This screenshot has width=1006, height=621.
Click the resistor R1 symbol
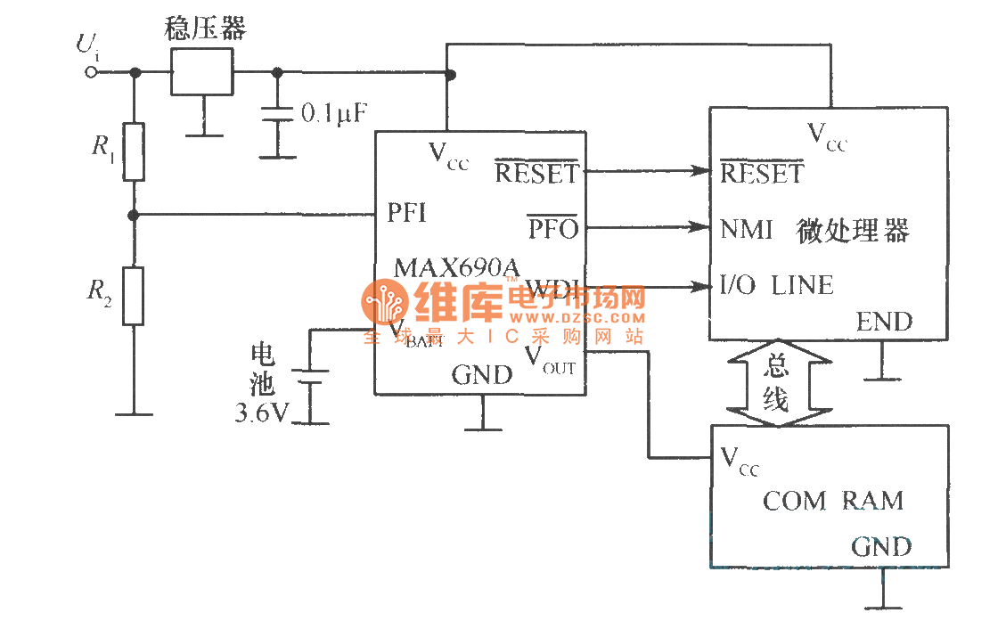tap(133, 152)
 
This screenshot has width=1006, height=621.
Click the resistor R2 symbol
tap(133, 297)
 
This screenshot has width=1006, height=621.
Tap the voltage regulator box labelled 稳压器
tap(201, 72)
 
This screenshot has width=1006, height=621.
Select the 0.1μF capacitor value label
tap(334, 113)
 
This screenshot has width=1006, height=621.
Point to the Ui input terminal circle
tap(90, 72)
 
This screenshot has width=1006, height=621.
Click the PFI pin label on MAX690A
tap(406, 213)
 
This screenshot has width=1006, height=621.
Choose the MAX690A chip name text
tap(456, 266)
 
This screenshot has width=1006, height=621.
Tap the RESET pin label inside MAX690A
tap(536, 173)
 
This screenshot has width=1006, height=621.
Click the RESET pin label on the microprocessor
tap(761, 174)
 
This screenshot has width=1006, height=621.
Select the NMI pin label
tap(747, 230)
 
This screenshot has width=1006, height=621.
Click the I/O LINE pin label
tap(776, 286)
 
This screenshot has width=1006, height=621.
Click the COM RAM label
tap(832, 501)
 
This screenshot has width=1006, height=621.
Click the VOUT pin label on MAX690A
tap(549, 359)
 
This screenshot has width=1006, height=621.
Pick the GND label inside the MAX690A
tap(482, 375)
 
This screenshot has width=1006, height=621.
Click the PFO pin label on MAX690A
tap(553, 229)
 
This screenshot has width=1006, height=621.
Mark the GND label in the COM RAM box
tap(881, 546)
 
